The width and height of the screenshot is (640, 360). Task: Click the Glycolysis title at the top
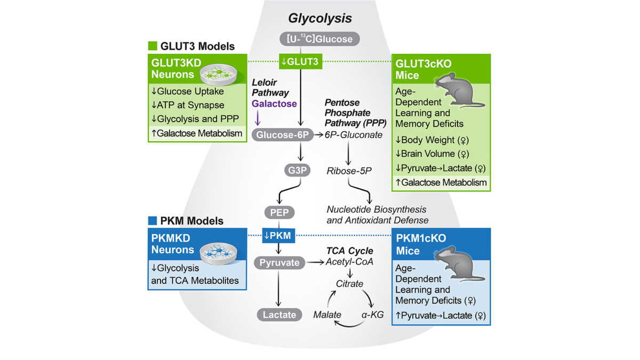pyautogui.click(x=320, y=18)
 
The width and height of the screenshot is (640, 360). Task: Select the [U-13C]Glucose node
pyautogui.click(x=320, y=39)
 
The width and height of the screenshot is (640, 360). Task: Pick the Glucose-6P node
pyautogui.click(x=281, y=135)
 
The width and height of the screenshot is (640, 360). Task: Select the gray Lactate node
pyautogui.click(x=279, y=314)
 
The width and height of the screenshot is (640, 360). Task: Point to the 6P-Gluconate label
pyautogui.click(x=354, y=135)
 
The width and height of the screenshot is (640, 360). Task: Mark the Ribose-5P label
pyautogui.click(x=349, y=171)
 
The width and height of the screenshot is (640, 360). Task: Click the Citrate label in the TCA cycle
pyautogui.click(x=349, y=284)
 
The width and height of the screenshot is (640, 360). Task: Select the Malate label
pyautogui.click(x=327, y=314)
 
